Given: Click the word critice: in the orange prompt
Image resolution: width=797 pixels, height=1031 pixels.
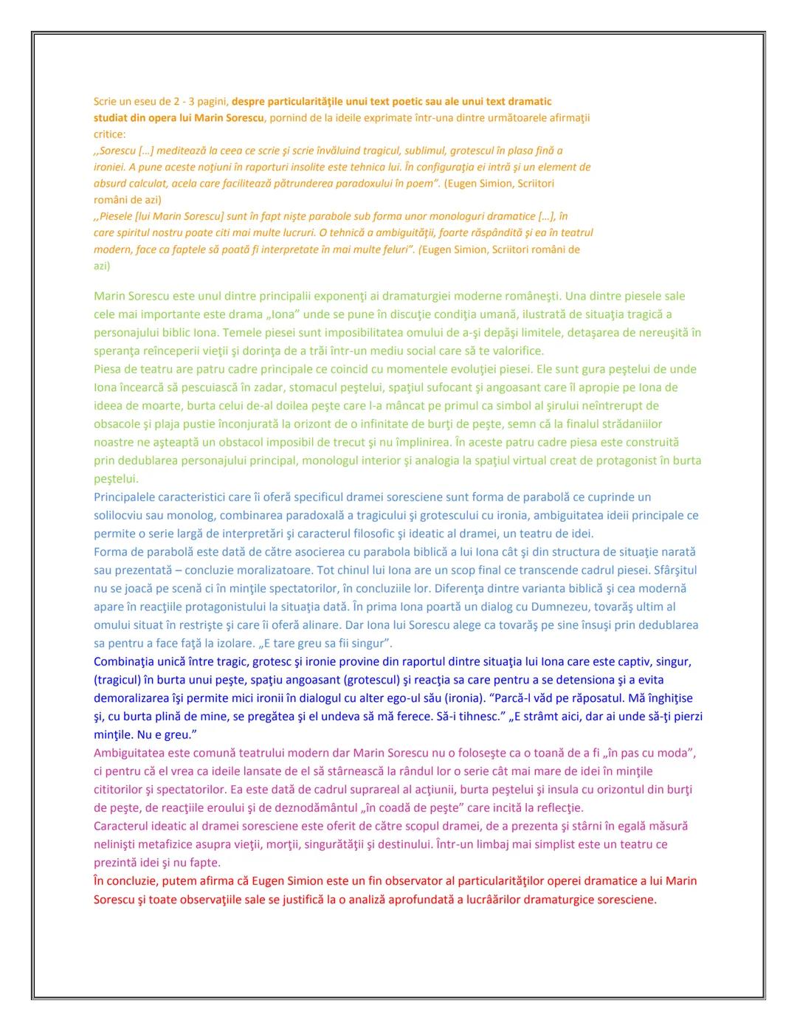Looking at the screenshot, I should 109,134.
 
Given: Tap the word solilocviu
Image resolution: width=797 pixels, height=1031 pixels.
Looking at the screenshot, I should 120,515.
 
